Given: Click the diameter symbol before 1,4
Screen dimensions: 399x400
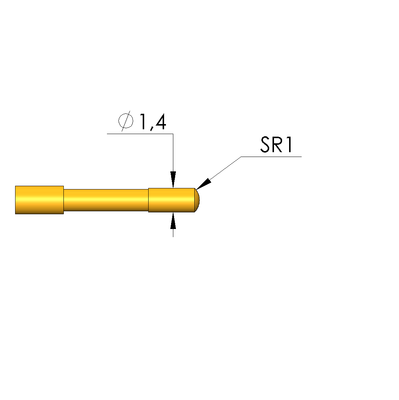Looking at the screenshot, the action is coord(126,121).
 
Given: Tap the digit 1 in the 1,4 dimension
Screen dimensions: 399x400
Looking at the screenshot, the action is coord(142,122).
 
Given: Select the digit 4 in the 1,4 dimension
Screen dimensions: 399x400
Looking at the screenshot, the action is coord(160,122).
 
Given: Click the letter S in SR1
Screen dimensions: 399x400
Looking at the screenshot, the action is coord(265,145).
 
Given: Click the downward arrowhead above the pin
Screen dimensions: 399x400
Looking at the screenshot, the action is coord(173,180).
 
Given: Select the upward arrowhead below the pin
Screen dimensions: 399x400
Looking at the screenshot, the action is coord(173,220).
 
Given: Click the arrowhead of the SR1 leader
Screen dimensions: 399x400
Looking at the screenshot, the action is coord(204,184).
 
